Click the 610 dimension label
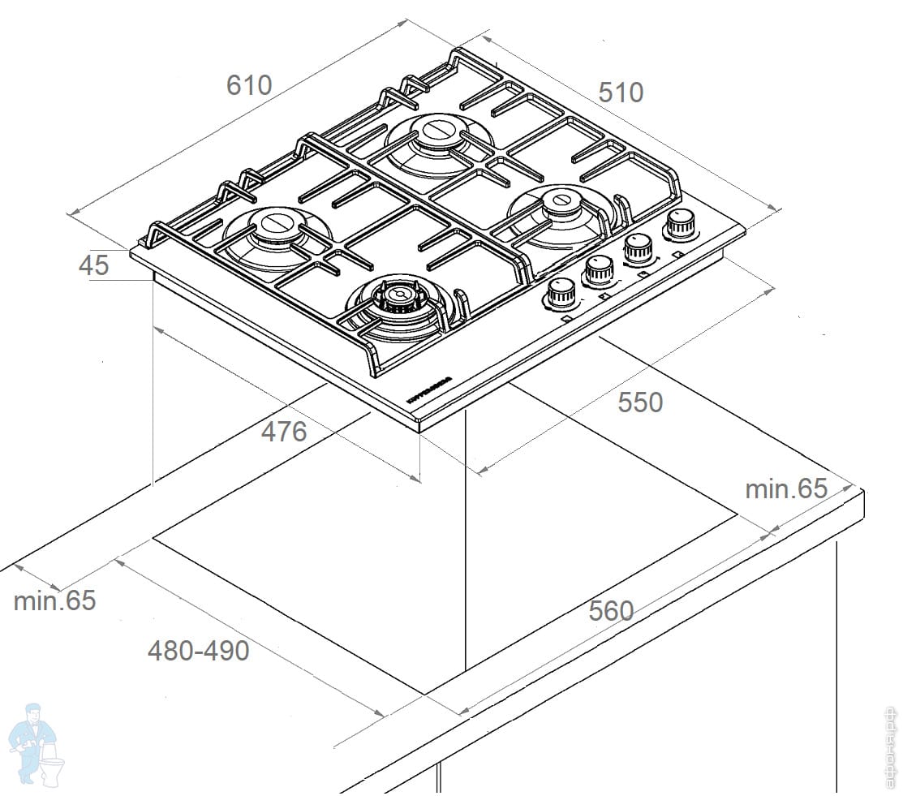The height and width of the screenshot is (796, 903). tap(248, 85)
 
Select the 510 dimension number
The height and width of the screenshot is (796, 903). tap(621, 93)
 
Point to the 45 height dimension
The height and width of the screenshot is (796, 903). tap(94, 265)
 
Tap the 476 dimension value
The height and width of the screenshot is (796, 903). tap(283, 432)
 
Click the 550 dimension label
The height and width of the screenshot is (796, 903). tap(640, 402)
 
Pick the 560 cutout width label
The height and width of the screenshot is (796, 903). tap(611, 610)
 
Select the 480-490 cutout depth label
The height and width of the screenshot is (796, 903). tap(198, 650)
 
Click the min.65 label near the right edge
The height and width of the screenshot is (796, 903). tap(786, 488)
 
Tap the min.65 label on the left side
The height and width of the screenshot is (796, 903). tap(54, 600)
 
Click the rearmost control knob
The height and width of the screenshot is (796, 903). tap(679, 225)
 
